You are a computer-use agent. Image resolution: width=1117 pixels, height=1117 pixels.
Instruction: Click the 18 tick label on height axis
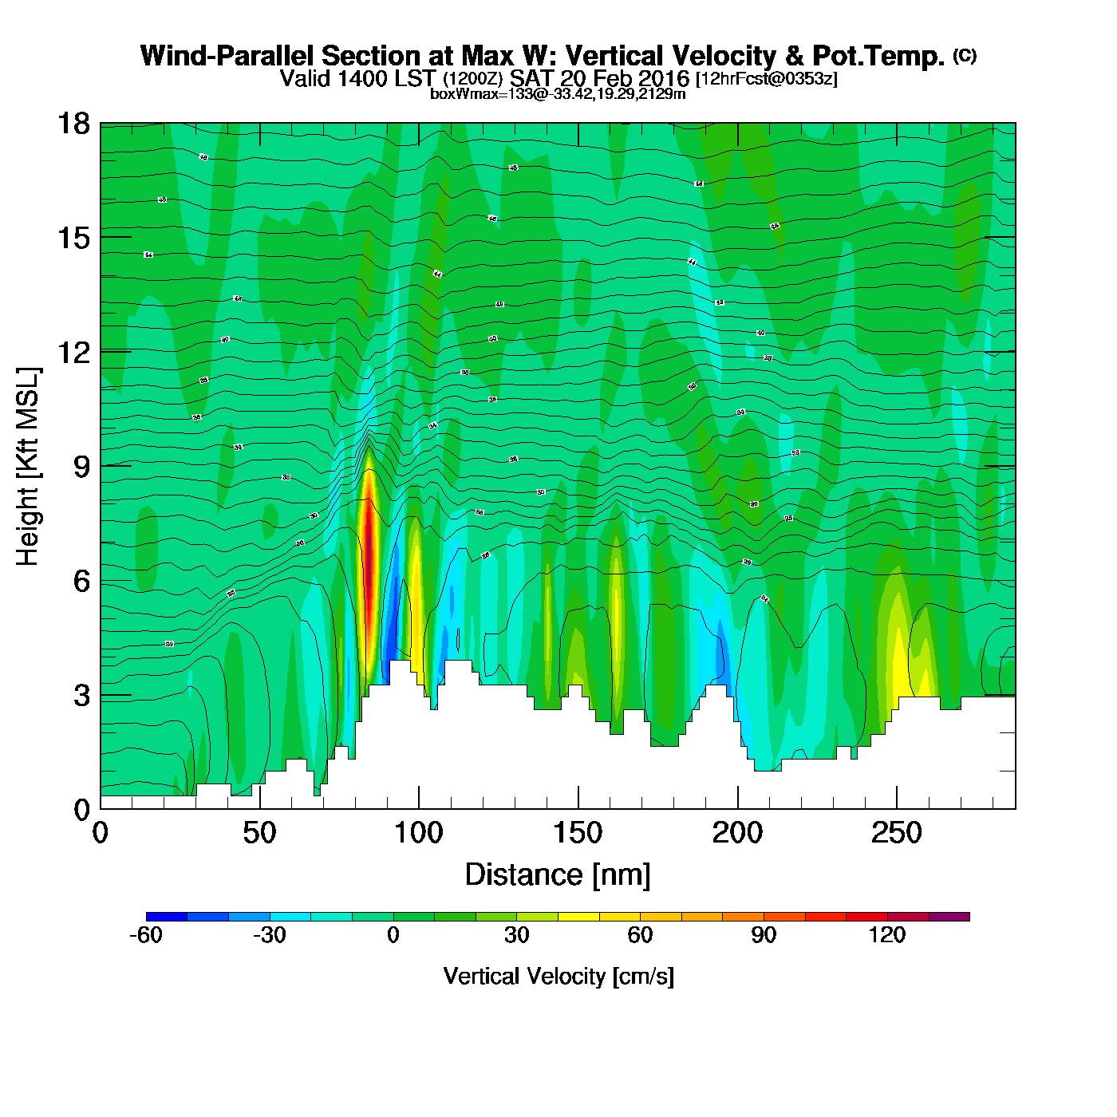(x=73, y=124)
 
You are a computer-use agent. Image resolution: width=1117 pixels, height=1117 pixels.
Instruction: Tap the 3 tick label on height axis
(x=81, y=696)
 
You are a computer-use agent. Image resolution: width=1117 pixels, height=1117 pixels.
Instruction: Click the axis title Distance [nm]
(x=558, y=874)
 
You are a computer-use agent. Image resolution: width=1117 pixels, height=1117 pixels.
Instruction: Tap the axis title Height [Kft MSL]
(x=28, y=467)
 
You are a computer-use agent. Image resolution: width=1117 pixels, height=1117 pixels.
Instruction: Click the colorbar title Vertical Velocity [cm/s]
(x=558, y=976)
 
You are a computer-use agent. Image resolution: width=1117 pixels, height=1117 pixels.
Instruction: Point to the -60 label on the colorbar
(x=145, y=935)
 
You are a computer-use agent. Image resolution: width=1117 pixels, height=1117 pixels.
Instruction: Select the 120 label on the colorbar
(x=887, y=935)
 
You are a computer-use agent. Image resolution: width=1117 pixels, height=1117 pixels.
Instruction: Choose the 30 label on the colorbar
(x=517, y=935)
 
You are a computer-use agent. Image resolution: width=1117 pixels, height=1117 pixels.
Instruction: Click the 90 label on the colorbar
(x=764, y=935)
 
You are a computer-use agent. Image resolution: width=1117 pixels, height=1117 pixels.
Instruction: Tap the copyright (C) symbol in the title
(x=965, y=55)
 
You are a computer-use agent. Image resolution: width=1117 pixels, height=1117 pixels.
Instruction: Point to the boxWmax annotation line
(x=558, y=93)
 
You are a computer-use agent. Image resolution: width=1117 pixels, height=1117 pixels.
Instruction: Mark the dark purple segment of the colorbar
(x=949, y=917)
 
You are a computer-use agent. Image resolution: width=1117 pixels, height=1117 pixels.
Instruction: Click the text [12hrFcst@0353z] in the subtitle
(x=767, y=79)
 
